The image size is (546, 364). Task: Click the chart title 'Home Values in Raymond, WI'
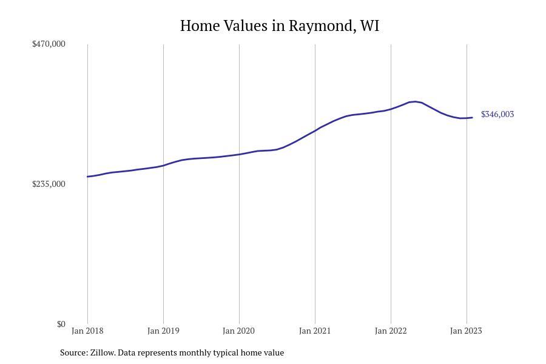(x=279, y=26)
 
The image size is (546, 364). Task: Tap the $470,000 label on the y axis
(x=49, y=44)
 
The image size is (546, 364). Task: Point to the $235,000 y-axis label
(x=49, y=184)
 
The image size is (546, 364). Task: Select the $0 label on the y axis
(x=61, y=324)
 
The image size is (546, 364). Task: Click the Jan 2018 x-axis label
(x=87, y=331)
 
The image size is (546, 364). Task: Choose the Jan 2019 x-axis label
(x=163, y=331)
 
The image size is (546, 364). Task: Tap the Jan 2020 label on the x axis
(x=239, y=331)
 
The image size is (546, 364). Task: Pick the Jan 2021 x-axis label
(x=315, y=331)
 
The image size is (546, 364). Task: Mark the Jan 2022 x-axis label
(x=391, y=331)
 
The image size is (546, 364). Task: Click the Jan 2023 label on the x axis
(x=466, y=331)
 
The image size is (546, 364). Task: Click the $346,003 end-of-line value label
(x=497, y=114)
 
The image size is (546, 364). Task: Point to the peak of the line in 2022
(x=415, y=101)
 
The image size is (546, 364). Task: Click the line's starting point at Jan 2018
(x=88, y=177)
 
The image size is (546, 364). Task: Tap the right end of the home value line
(x=472, y=118)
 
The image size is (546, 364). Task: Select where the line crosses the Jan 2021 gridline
(x=315, y=130)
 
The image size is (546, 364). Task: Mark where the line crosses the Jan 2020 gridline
(x=239, y=154)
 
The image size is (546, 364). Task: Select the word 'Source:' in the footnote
(x=73, y=352)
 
